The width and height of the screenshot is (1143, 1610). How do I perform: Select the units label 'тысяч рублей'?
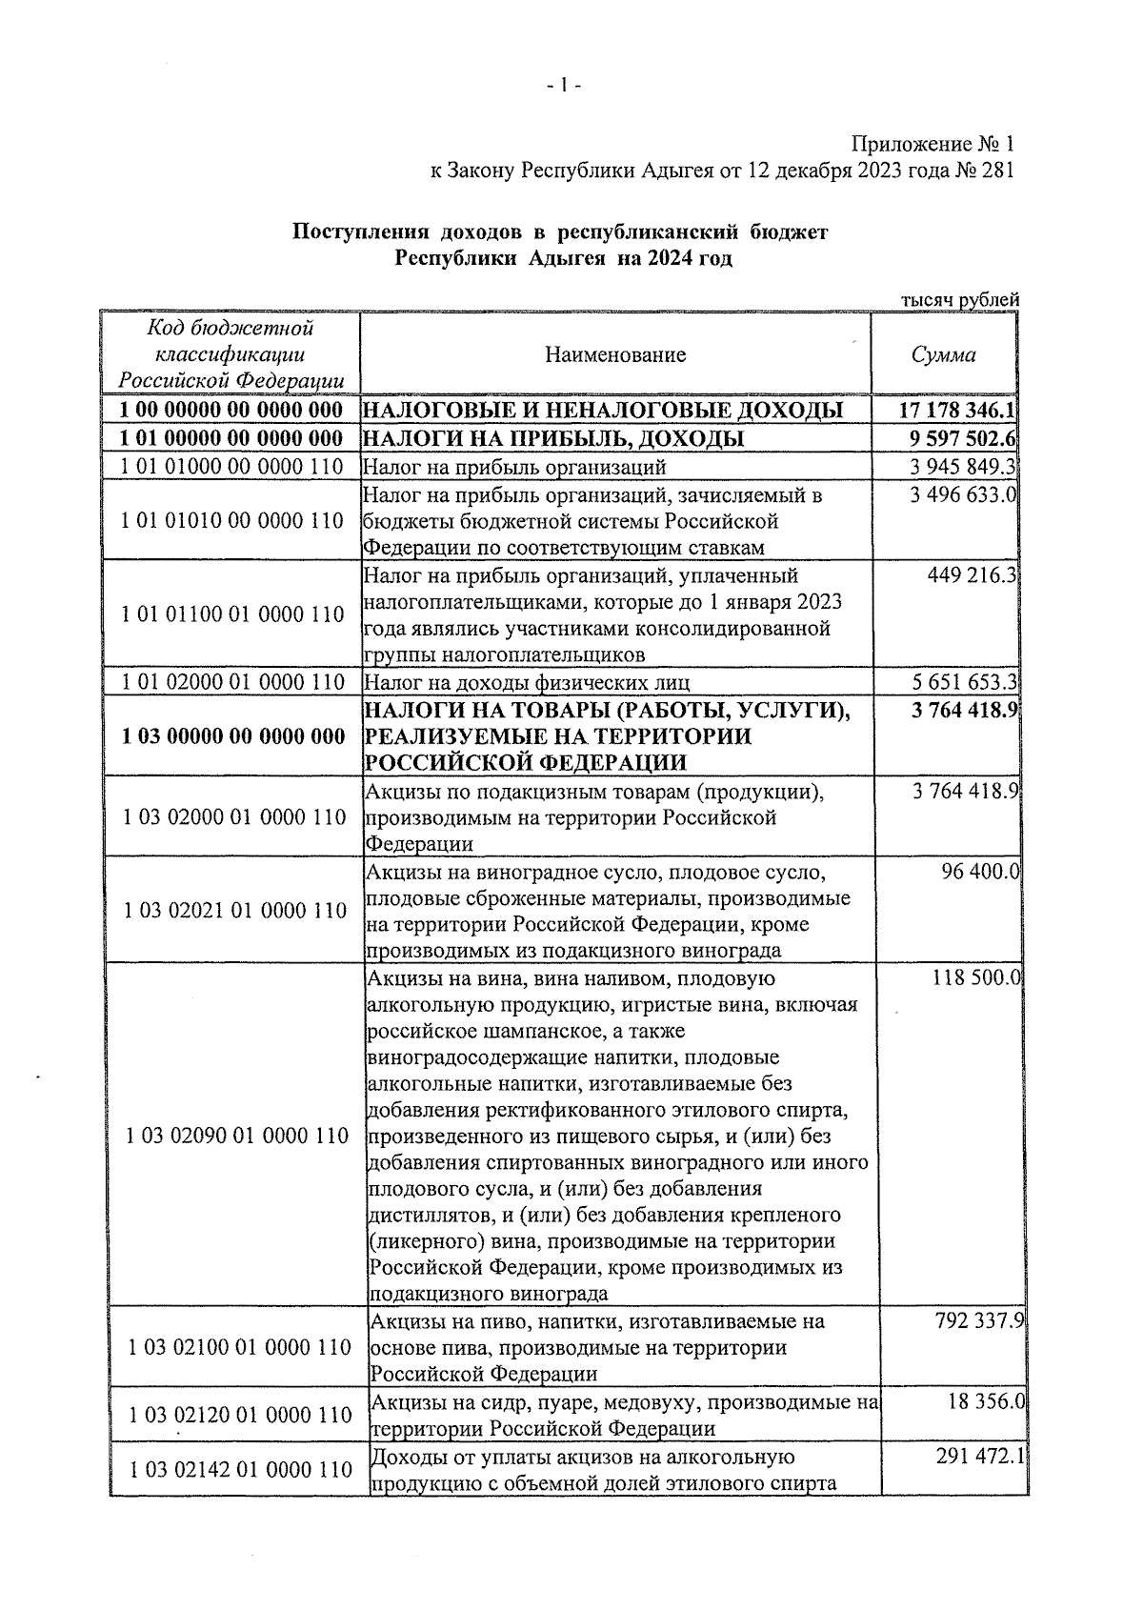tap(959, 300)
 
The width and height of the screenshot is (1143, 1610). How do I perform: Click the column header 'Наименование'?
tap(615, 355)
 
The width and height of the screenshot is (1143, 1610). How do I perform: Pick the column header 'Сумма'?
tap(943, 355)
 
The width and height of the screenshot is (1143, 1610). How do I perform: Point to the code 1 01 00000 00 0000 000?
tap(232, 438)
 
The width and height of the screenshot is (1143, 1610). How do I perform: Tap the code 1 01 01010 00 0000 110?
tap(232, 521)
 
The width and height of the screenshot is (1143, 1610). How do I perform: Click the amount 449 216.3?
tap(972, 575)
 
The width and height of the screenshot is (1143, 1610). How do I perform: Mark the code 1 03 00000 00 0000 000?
tap(232, 736)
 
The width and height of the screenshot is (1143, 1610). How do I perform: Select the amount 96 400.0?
tap(980, 871)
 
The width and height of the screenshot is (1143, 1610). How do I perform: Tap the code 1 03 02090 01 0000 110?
tap(237, 1136)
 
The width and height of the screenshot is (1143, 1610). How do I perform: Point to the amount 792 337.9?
tap(976, 1321)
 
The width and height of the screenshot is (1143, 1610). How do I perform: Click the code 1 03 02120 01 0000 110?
tap(240, 1416)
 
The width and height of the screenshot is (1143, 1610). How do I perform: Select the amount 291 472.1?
tap(976, 1458)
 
